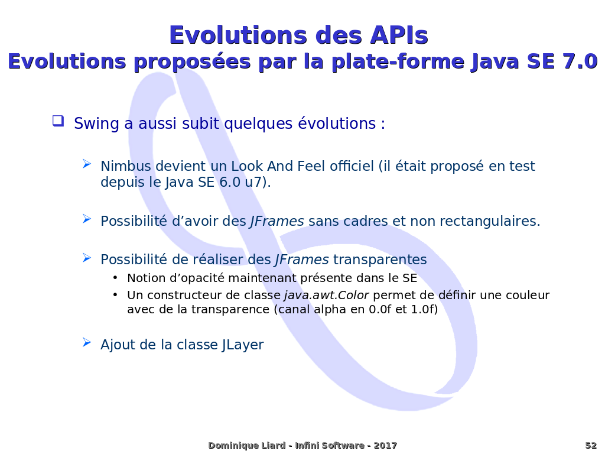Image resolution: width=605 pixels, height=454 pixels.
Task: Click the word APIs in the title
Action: [x=399, y=35]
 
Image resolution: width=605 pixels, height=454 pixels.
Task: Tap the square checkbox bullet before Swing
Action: [x=58, y=121]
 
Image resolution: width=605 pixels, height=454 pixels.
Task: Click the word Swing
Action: [x=97, y=124]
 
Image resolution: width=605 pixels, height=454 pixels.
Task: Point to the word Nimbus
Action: [x=126, y=166]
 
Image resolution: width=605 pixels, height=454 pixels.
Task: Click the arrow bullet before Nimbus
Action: [x=87, y=164]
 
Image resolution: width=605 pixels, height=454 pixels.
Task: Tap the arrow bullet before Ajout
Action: [x=87, y=342]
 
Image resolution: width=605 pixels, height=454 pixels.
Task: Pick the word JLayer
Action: [x=243, y=345]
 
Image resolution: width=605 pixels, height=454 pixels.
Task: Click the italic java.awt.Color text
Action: [x=327, y=296]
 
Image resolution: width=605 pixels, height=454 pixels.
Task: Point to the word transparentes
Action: [x=380, y=260]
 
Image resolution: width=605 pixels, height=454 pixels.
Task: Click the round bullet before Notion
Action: [x=115, y=278]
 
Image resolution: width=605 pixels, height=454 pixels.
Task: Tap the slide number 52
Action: [x=591, y=446]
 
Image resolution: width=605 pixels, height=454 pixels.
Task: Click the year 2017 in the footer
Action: [x=385, y=446]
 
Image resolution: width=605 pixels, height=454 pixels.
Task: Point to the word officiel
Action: [x=352, y=166]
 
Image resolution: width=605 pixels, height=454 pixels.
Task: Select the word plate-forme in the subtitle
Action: [x=398, y=62]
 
